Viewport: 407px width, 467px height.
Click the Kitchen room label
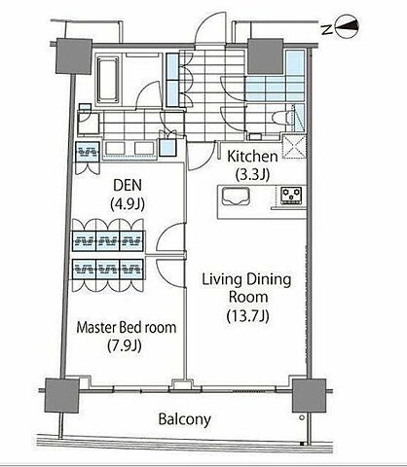click(252, 157)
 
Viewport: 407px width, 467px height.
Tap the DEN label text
click(128, 185)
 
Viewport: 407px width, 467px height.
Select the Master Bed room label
click(127, 328)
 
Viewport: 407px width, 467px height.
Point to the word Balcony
click(184, 419)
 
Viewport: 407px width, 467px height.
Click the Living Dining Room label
click(246, 288)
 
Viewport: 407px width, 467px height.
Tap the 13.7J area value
click(248, 315)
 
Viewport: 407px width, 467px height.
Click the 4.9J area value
click(128, 204)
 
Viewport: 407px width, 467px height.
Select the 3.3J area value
click(252, 175)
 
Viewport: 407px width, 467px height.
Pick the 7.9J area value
click(125, 345)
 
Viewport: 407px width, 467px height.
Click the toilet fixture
click(281, 118)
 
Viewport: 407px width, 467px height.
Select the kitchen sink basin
click(236, 197)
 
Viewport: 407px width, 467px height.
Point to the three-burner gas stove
click(291, 196)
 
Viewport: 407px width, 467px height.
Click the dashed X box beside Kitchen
click(294, 147)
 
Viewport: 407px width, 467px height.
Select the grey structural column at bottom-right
click(310, 396)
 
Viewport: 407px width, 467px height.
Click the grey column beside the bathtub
click(73, 56)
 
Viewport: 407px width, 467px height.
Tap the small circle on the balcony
click(302, 417)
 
